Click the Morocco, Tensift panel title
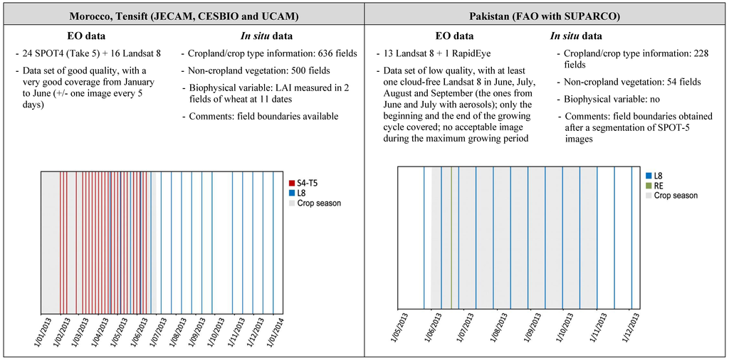click(182, 15)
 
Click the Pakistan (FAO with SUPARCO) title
click(546, 15)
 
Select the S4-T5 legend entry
click(307, 183)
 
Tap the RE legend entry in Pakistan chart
click(659, 185)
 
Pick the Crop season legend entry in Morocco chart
click(318, 203)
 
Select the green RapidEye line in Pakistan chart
click(451, 238)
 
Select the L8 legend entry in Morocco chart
click(302, 193)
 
